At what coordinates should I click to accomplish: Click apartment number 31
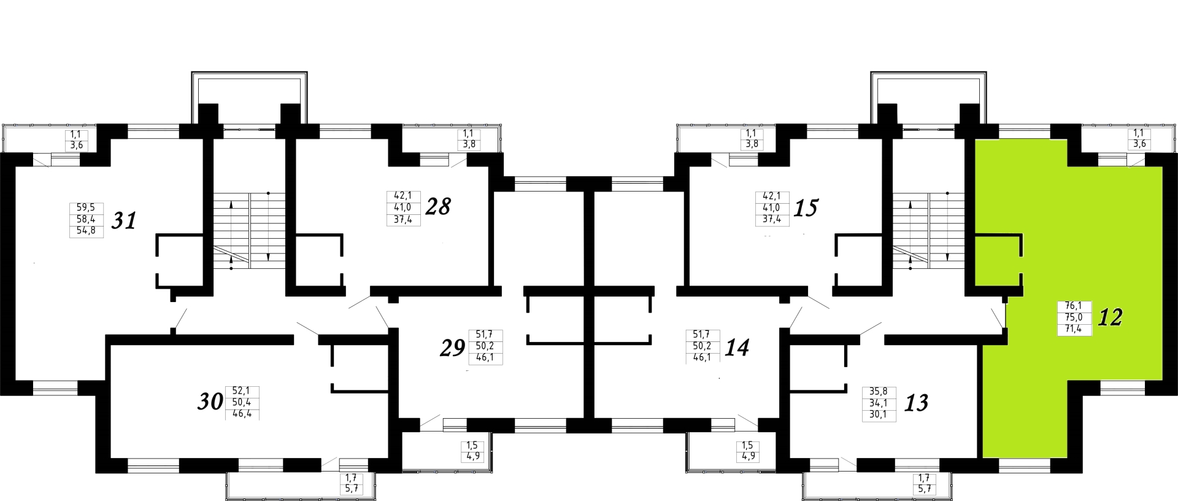point(123,220)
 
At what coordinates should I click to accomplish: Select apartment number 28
point(438,206)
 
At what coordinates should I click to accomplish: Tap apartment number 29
point(453,348)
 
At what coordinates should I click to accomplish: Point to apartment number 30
point(210,402)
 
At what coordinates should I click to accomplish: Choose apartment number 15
point(806,208)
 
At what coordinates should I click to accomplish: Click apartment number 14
point(737,348)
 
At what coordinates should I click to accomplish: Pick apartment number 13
point(916,403)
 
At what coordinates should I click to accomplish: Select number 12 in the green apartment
point(1111,317)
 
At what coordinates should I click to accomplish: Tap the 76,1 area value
point(1074,306)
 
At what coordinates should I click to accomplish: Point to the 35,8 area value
point(879,391)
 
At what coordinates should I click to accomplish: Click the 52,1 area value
point(242,390)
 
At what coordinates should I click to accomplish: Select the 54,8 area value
point(87,231)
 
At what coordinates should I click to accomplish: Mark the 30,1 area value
point(879,414)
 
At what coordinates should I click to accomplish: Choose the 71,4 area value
point(1074,329)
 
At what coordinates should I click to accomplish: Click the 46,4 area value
point(242,414)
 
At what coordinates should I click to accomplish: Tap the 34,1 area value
point(879,403)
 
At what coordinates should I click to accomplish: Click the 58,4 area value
point(87,219)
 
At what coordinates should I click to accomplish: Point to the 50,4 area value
point(242,402)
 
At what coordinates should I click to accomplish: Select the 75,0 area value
point(1074,317)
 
